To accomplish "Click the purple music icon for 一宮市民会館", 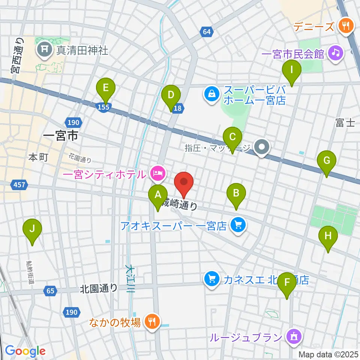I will point(335,53).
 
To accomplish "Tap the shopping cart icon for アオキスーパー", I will point(237,225).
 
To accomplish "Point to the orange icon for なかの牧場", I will point(152,321).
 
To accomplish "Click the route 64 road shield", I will point(207,32).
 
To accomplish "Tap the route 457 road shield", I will point(19,184).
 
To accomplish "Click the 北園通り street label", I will point(98,288).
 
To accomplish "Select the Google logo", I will point(25,351).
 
